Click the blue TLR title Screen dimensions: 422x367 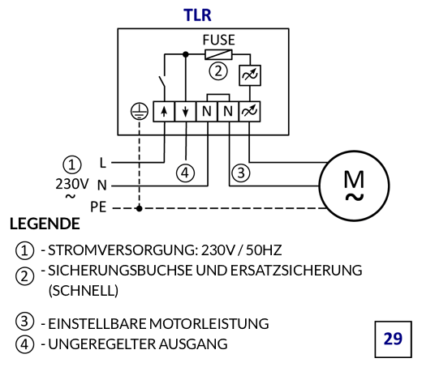point(197,15)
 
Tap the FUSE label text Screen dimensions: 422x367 point(219,40)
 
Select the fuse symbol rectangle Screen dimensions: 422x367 point(218,54)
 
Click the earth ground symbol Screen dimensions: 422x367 point(140,111)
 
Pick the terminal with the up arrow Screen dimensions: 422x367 point(164,112)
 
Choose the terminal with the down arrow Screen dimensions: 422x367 point(185,112)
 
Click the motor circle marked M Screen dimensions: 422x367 point(354,186)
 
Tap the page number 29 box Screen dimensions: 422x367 point(393,339)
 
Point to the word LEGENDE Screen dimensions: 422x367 point(45,224)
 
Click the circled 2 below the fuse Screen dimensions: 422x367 point(218,71)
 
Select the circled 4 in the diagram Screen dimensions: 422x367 point(185,173)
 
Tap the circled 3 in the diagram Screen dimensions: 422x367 point(241,173)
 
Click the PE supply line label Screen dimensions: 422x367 point(98,207)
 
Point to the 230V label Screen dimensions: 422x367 point(72,184)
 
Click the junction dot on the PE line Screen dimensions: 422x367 point(140,208)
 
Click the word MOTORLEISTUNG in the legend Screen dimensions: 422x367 point(209,324)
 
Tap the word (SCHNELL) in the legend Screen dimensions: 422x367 point(84,291)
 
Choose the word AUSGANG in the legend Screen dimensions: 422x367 point(193,344)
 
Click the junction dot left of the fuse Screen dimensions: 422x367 point(186,54)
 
